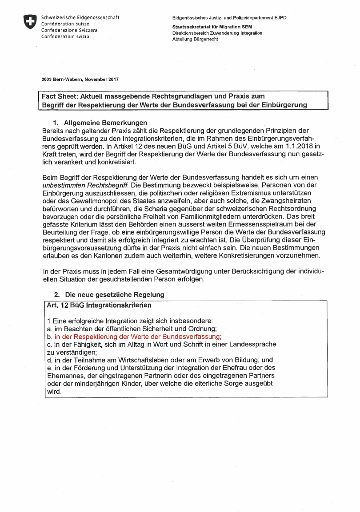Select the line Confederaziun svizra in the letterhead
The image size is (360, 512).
65,36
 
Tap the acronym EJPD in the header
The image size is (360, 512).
280,18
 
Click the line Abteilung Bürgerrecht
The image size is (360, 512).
195,40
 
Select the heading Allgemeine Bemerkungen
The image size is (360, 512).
106,123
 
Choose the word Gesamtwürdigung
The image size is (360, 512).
156,272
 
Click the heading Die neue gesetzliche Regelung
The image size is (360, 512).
115,294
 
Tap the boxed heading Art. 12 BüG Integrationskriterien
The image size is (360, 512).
99,306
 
